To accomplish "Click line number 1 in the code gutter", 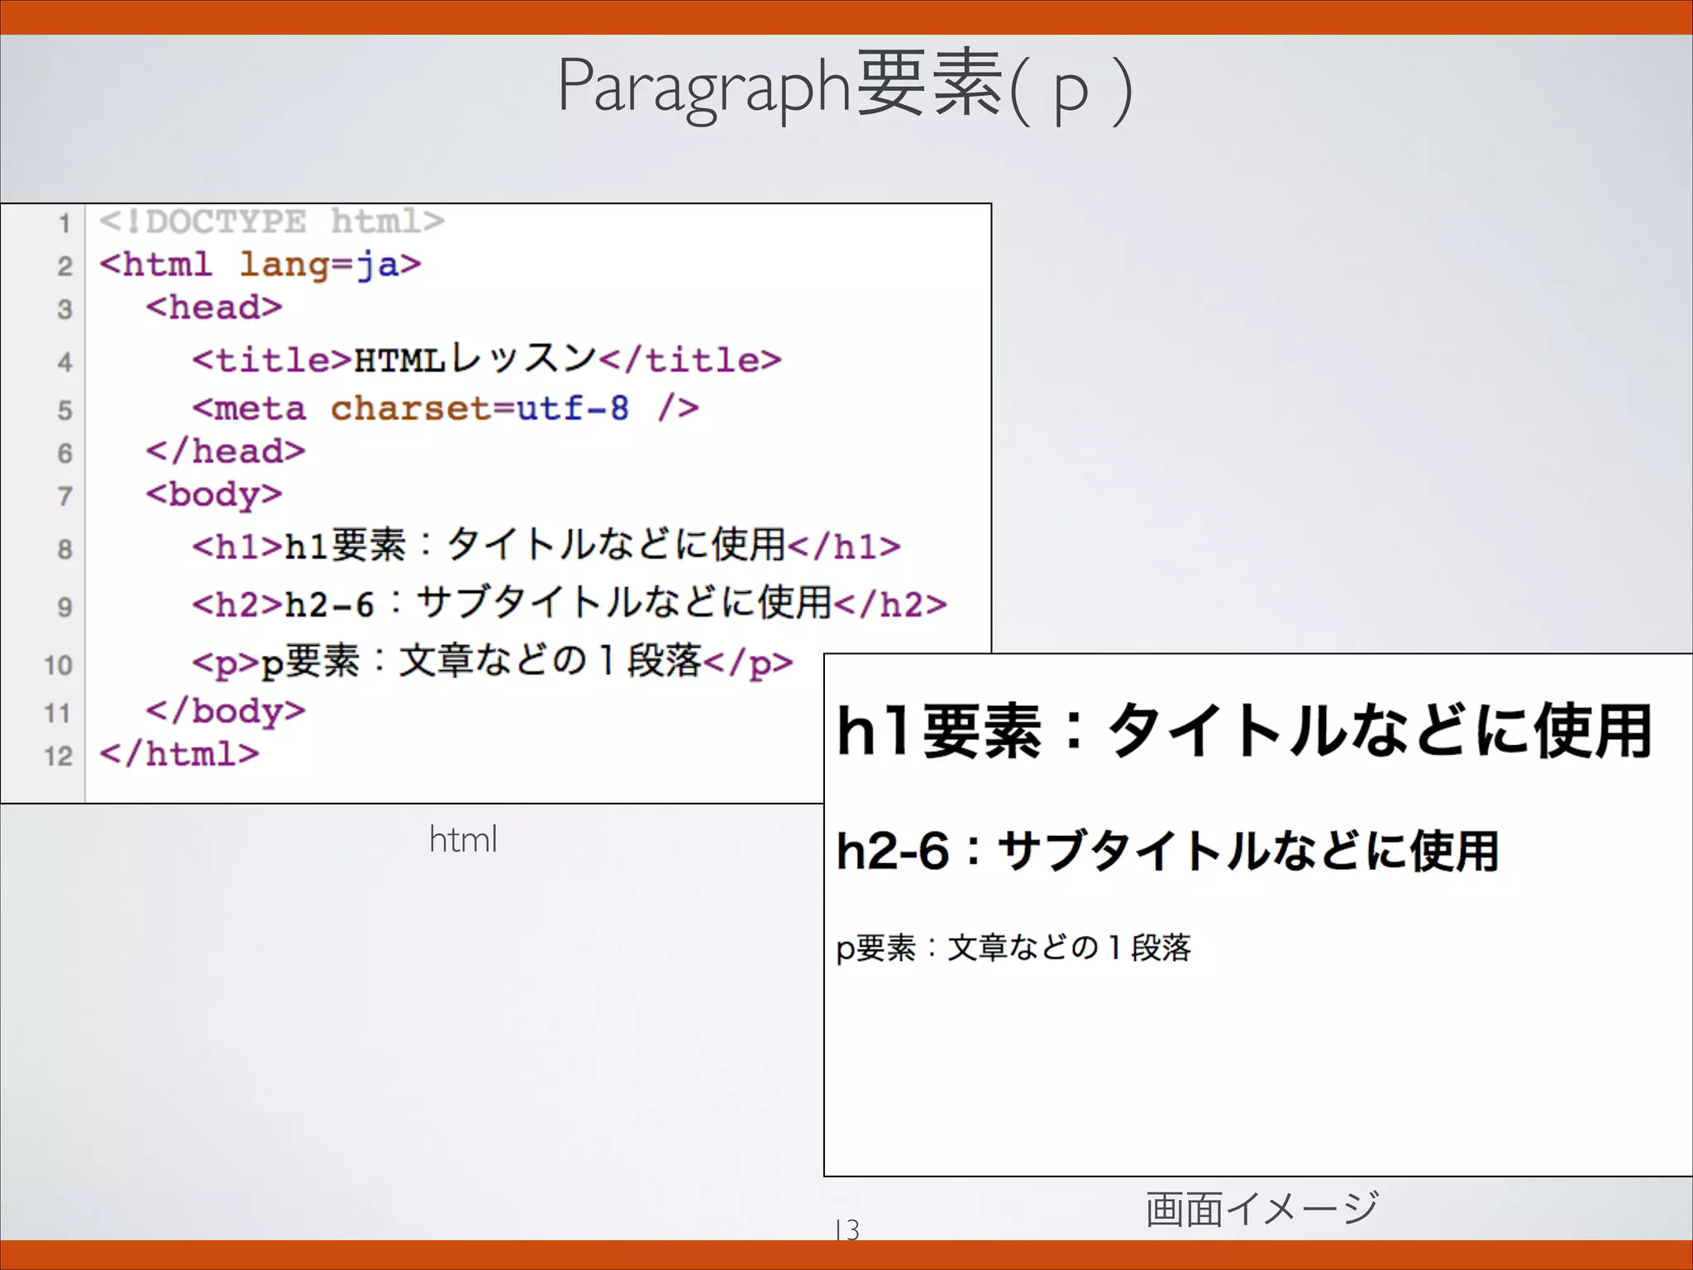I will [64, 223].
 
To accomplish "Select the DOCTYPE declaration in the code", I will [271, 222].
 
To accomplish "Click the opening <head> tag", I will [214, 308].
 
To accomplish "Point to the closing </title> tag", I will [690, 360].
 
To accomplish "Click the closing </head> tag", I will [226, 451].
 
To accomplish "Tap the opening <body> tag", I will [214, 494].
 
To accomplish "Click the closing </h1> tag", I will [844, 547].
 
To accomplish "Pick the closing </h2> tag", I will [890, 604].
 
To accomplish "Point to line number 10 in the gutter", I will [58, 666].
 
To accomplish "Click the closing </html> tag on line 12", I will [179, 754].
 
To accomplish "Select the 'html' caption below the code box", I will [463, 839].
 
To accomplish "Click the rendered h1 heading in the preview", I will [1243, 731].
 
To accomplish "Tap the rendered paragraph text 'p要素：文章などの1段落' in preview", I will [1013, 948].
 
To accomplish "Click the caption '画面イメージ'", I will [1261, 1209].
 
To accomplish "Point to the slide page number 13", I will [847, 1229].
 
